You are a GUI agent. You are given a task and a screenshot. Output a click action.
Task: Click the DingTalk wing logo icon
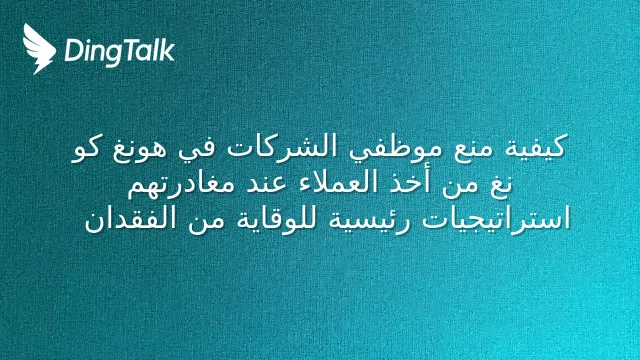click(39, 49)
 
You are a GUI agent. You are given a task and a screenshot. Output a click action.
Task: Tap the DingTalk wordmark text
click(120, 52)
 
